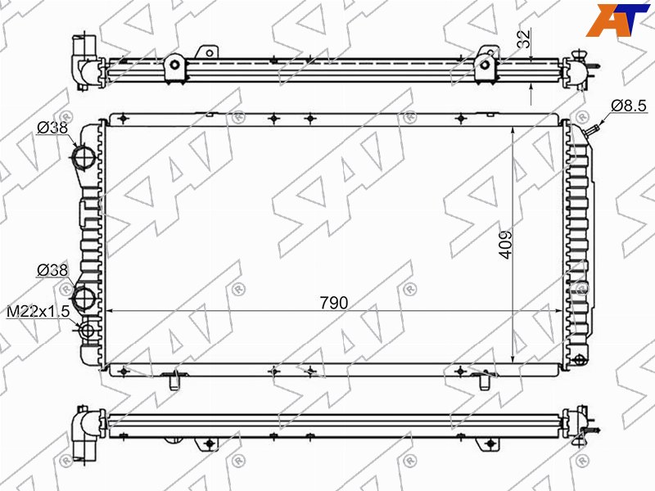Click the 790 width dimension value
coord(334,303)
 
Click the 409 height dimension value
coord(505,245)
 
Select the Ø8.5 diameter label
coord(629,106)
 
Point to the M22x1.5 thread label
coord(38,312)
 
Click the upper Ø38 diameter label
coord(52,128)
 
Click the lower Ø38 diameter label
coord(52,270)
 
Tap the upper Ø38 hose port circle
coord(85,158)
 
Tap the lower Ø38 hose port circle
coord(85,299)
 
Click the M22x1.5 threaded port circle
coord(88,331)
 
